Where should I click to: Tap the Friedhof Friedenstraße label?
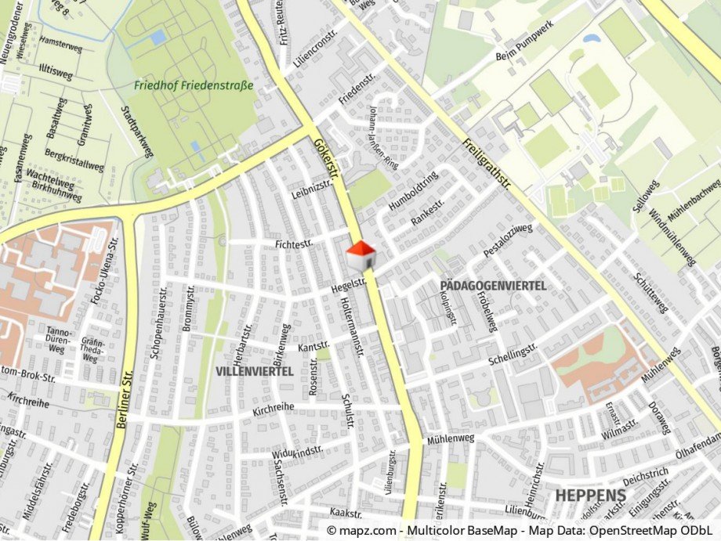point(194,85)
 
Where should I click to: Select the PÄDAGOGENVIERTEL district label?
point(493,287)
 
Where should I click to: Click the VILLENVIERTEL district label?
point(255,371)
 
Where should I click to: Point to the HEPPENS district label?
point(591,496)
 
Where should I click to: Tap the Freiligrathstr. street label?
point(487,165)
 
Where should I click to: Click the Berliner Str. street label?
point(123,399)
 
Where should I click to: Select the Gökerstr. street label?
point(324,160)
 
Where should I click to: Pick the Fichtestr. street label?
point(294,245)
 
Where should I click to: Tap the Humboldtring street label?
point(413,192)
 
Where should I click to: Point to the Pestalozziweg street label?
point(508,241)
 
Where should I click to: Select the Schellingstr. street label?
point(513,353)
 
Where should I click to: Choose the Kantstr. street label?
point(314,347)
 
